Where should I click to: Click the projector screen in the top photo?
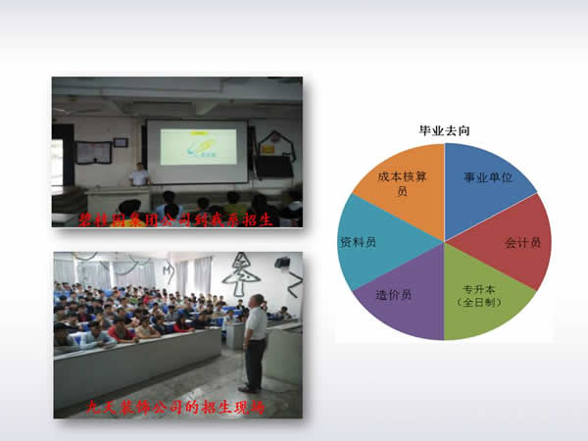pyautogui.click(x=196, y=151)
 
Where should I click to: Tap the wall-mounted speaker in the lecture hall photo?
pyautogui.click(x=282, y=263)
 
